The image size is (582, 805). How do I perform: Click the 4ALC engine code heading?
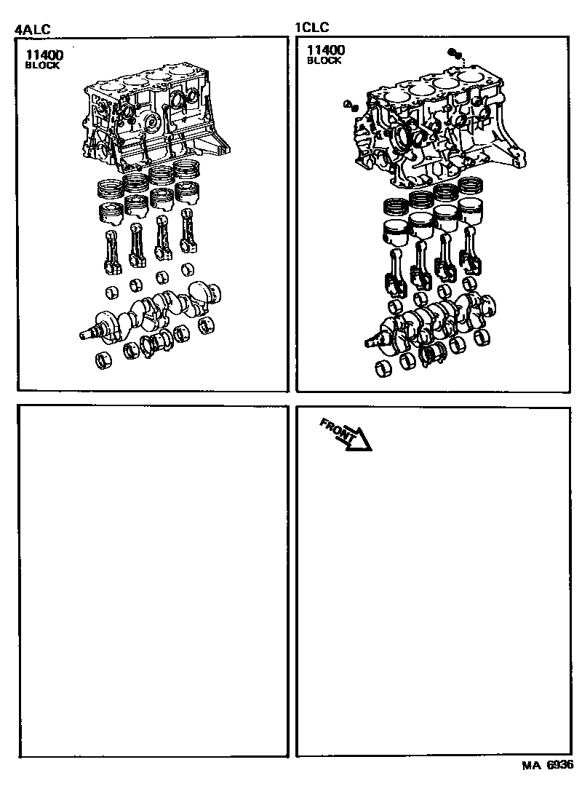click(33, 29)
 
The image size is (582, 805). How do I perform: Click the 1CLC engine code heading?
click(311, 27)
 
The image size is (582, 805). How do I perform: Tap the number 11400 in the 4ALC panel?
click(45, 55)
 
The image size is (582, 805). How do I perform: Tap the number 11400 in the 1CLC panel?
click(326, 49)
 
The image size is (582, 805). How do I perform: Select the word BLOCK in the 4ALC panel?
click(42, 66)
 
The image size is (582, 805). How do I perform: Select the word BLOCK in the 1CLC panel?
click(324, 60)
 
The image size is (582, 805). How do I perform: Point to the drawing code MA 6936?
click(548, 766)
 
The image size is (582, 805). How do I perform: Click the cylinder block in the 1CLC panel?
click(439, 126)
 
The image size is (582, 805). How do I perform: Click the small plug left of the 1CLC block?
click(351, 106)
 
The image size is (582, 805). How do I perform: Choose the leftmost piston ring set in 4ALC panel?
click(111, 189)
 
